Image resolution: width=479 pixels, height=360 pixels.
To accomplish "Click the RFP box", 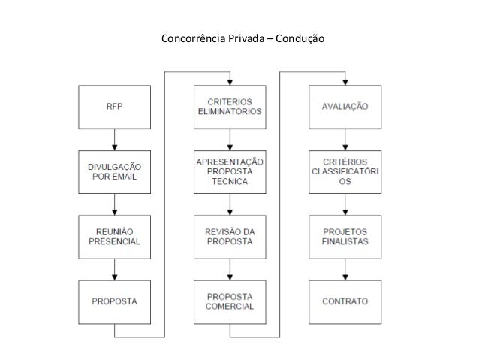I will coord(114,107).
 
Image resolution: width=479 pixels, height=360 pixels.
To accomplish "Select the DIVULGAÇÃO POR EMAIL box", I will coord(114,172).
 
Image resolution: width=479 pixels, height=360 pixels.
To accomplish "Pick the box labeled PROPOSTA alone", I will coord(114,301).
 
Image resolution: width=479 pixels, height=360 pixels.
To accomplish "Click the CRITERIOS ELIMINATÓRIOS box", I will coord(229,107).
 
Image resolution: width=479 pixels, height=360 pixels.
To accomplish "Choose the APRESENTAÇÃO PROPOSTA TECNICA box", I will coord(229,172).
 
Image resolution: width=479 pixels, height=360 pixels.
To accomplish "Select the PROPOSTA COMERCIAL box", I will coord(229,301).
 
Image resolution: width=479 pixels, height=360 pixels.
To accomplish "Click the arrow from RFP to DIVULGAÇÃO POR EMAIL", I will coord(114,140).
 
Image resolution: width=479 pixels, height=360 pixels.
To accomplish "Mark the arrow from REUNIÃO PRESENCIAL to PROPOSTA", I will coord(114,269).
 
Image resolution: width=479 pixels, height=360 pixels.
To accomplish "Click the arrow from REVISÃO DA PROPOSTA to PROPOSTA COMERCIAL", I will coord(229,269).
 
